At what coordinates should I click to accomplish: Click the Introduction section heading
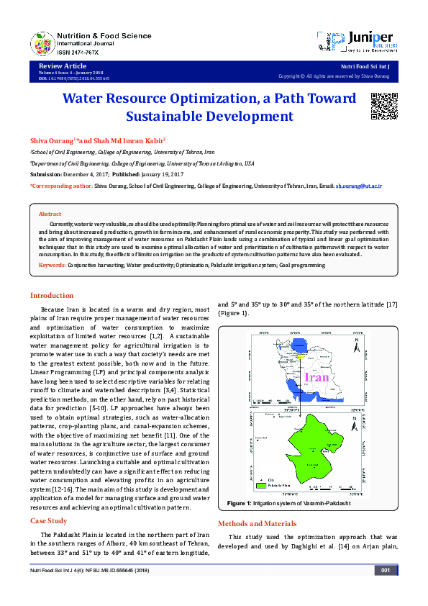(x=51, y=296)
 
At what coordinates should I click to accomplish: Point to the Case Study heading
(x=49, y=520)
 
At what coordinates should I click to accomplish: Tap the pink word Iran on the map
(x=317, y=377)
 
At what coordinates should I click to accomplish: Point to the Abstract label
(x=50, y=214)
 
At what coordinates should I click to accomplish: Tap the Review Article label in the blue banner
(x=57, y=65)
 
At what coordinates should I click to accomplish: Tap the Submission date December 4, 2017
(x=95, y=174)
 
